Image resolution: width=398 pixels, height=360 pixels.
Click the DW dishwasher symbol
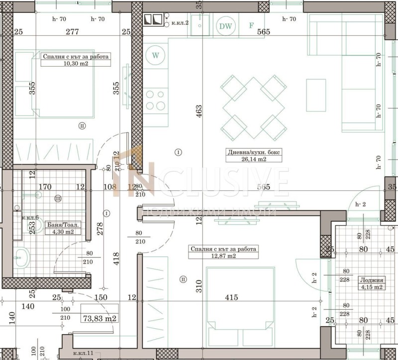(x=226, y=26)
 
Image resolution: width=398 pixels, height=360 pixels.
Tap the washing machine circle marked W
(x=156, y=55)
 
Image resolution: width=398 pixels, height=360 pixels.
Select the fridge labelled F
(x=251, y=26)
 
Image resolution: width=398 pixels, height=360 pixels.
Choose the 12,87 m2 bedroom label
(x=223, y=252)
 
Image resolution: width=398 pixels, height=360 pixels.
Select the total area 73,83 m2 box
(x=99, y=318)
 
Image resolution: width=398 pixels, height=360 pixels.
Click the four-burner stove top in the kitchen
(x=155, y=99)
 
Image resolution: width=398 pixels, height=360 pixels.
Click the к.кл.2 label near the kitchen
(x=180, y=22)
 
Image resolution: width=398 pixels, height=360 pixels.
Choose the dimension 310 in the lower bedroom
(x=199, y=285)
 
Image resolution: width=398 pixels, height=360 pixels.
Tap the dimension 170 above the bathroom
(x=45, y=187)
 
